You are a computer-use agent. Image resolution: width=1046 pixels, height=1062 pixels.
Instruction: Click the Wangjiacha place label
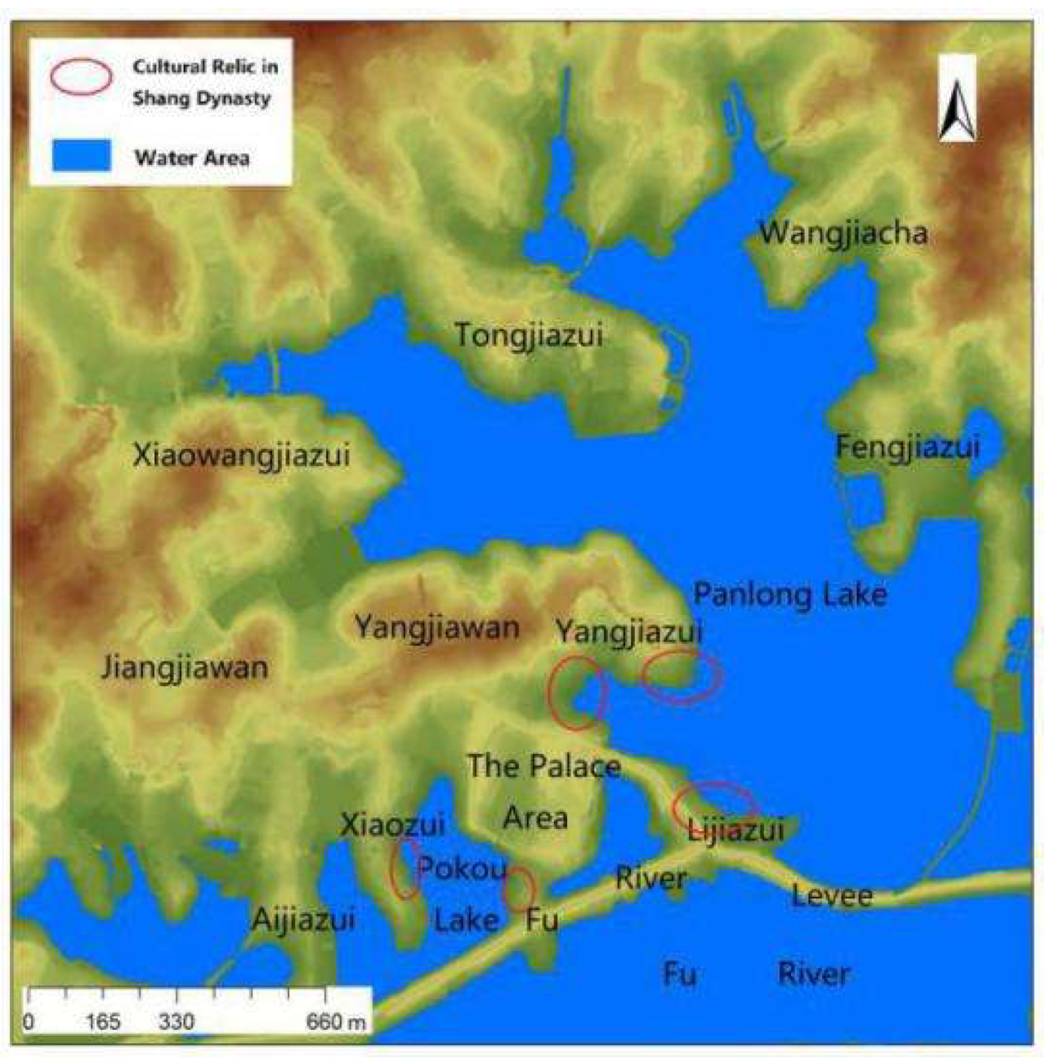(x=843, y=234)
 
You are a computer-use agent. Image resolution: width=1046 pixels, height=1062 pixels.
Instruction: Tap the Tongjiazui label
(x=528, y=335)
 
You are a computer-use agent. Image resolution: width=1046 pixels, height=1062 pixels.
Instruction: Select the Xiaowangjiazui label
(x=241, y=455)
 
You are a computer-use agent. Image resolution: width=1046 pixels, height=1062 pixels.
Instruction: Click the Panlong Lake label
(x=789, y=594)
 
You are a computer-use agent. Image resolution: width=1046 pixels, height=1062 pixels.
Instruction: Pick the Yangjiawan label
(x=436, y=628)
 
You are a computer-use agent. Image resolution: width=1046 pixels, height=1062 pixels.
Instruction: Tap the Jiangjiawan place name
(x=185, y=668)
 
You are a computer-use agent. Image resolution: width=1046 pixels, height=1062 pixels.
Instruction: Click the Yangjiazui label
(x=628, y=632)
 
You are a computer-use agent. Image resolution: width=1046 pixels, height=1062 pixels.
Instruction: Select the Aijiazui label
(x=302, y=921)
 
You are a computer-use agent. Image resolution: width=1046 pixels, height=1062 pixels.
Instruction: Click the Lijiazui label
(x=735, y=831)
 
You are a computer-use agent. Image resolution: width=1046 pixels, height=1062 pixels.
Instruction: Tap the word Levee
(x=832, y=896)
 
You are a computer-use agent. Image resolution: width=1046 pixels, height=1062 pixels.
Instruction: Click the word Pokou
(x=463, y=868)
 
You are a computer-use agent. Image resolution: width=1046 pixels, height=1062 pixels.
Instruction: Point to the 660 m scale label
(x=336, y=1021)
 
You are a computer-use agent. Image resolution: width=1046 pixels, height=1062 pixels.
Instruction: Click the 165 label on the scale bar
(x=104, y=1021)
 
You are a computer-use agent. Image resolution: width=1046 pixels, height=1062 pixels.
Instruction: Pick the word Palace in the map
(x=570, y=766)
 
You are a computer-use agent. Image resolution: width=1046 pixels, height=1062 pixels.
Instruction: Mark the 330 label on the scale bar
(x=177, y=1021)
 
